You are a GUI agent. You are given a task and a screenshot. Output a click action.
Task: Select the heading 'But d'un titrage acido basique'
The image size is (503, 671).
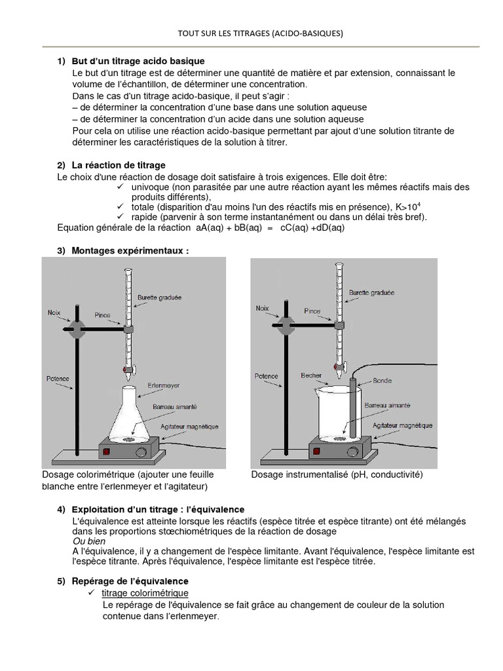(134, 61)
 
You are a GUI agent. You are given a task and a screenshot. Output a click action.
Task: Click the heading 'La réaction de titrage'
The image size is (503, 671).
(120, 164)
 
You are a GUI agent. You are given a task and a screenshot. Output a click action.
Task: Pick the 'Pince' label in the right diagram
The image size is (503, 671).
(312, 312)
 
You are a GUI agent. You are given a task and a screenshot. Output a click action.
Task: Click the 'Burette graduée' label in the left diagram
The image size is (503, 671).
(159, 297)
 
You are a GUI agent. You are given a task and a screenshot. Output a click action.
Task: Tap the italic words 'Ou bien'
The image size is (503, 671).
(88, 542)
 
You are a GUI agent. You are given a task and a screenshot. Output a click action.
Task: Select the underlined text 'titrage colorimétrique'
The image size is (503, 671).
(145, 592)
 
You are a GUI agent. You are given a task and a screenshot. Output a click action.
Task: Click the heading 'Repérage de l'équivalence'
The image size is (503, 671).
(132, 581)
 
